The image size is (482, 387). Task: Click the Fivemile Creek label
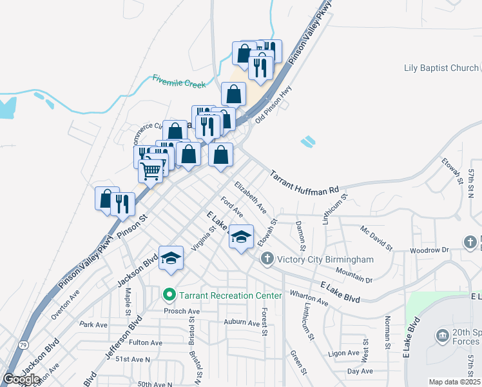point(179,83)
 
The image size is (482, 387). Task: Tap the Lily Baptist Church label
point(441,68)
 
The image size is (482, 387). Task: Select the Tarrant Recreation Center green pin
point(170,295)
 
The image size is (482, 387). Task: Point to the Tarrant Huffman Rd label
point(304,183)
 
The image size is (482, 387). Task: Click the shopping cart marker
point(151,171)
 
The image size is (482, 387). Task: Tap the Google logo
point(21,379)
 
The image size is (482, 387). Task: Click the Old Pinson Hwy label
point(273,104)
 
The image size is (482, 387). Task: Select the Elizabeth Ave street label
point(251,197)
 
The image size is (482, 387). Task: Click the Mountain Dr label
point(354,276)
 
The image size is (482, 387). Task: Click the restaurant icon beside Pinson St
point(122,204)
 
